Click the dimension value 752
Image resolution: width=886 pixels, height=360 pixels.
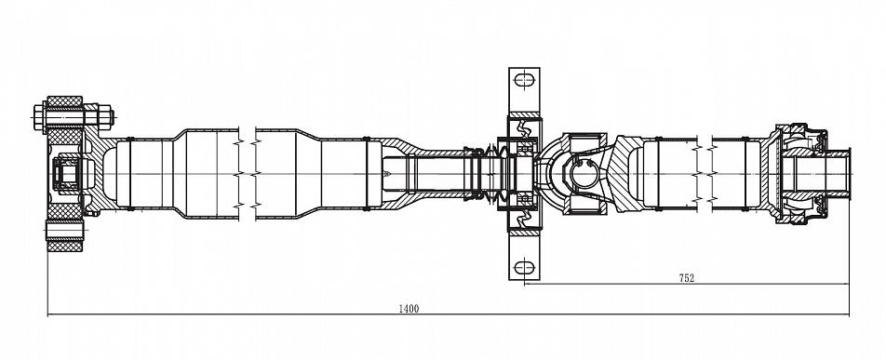[686, 277]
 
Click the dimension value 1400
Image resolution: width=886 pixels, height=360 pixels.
[409, 309]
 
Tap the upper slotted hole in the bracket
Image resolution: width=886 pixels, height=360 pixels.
[524, 80]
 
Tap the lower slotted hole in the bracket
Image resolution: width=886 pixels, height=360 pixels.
[524, 266]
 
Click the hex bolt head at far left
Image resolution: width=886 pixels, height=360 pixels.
[39, 117]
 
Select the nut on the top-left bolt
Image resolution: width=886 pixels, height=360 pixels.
[106, 117]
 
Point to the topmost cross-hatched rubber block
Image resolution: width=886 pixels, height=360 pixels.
[64, 101]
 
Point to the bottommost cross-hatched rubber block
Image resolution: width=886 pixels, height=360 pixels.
[64, 247]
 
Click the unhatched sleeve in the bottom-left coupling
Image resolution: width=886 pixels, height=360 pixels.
[64, 231]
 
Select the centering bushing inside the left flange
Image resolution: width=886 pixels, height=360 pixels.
[67, 174]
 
